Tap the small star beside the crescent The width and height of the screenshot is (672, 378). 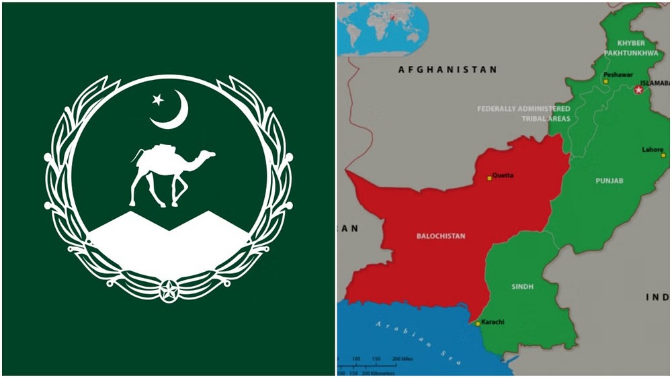158,100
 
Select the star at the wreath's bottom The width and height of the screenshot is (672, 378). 169,291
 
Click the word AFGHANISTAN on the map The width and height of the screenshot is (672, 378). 447,69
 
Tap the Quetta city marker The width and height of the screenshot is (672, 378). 490,178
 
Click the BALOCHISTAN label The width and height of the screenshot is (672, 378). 441,236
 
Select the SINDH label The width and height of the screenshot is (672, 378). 522,287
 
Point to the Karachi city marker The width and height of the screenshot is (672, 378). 478,324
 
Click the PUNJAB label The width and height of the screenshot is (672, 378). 610,181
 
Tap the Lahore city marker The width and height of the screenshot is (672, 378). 663,155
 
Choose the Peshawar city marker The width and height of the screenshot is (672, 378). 605,81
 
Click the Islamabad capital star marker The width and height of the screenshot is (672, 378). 638,89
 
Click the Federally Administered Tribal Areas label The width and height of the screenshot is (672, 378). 523,113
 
